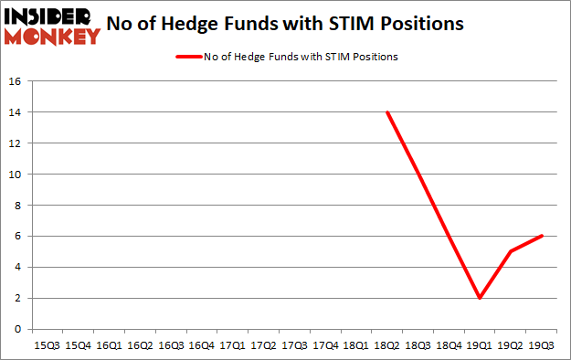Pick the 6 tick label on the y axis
point(16,237)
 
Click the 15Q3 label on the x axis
point(47,346)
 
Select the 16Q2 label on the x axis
point(139,346)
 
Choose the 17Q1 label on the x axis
point(232,346)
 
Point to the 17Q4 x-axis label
point(324,346)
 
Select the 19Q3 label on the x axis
point(541,346)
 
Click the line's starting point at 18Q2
point(387,112)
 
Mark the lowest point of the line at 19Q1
point(480,298)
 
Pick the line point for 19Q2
point(511,251)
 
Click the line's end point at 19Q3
point(541,236)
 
